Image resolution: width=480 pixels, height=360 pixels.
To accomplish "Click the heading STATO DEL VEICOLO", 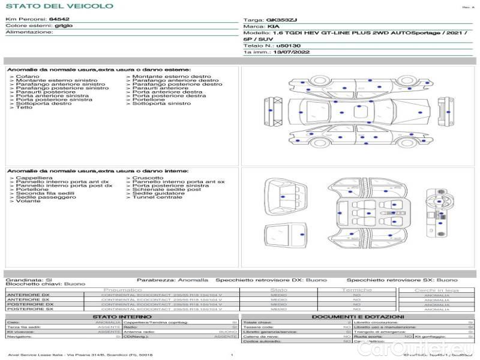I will [x=59, y=6].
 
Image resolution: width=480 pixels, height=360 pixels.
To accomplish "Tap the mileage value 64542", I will [x=59, y=20].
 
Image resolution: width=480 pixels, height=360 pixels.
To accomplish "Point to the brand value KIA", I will [x=272, y=27].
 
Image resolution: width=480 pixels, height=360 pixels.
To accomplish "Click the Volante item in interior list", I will [x=28, y=200].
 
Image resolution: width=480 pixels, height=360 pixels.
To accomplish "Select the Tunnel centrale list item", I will [x=157, y=197].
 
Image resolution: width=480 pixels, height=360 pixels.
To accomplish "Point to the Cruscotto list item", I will [x=148, y=178].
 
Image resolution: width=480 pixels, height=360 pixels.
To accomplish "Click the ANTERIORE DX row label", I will [x=28, y=295].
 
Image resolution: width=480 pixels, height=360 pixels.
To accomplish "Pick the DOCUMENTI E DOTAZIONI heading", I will [x=358, y=316].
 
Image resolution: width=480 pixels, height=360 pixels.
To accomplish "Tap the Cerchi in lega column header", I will [x=436, y=290].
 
